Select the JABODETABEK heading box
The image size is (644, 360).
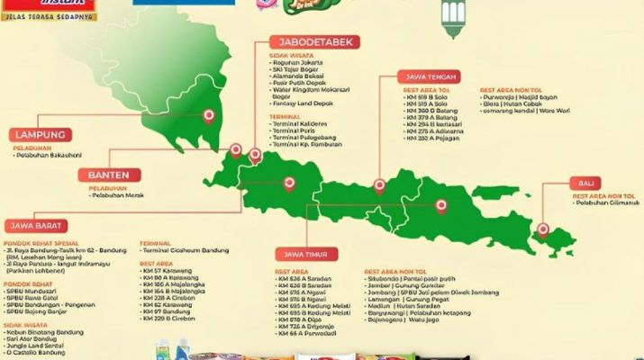coord(315,41)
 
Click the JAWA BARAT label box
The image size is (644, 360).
coord(39,225)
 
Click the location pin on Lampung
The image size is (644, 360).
coord(210,114)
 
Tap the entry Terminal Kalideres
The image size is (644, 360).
coord(303,121)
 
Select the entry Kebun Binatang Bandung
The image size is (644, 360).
coord(45,331)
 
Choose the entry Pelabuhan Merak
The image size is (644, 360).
coord(117,196)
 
